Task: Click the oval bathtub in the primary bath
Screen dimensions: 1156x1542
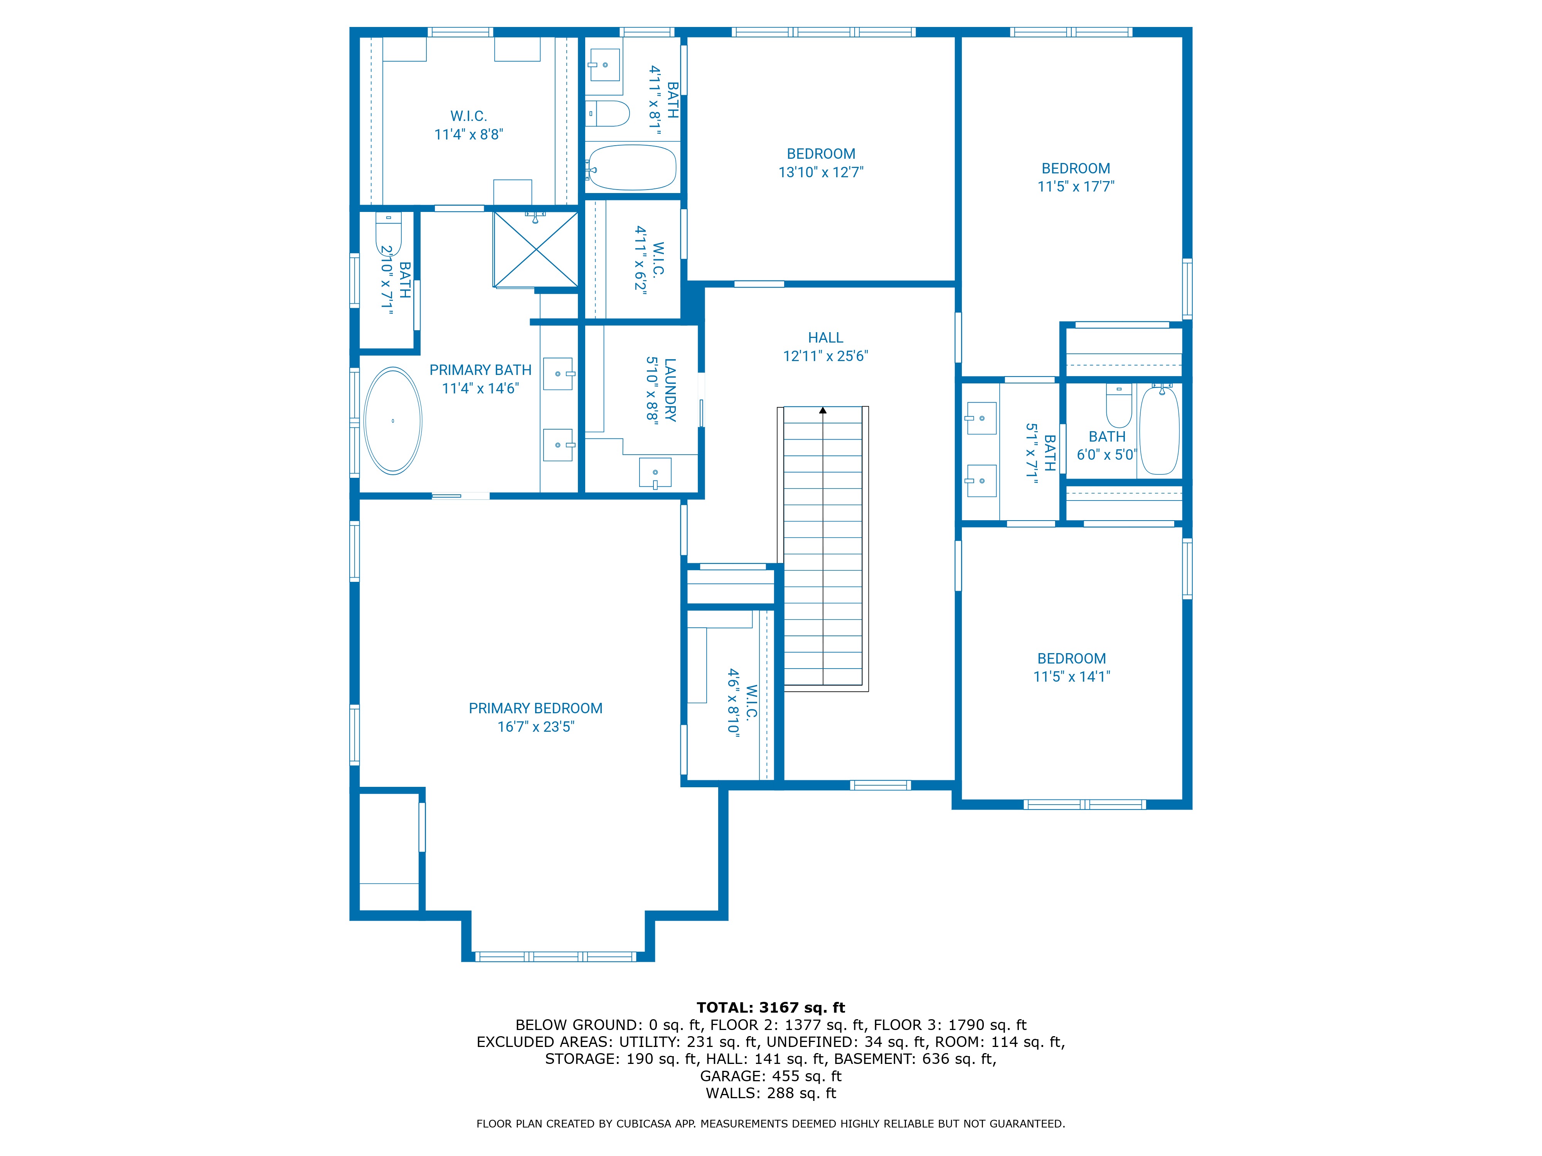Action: pos(393,421)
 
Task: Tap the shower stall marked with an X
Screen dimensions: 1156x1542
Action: pos(535,249)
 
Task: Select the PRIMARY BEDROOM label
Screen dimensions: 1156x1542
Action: pos(535,708)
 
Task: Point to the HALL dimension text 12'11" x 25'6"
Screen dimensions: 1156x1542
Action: pos(825,356)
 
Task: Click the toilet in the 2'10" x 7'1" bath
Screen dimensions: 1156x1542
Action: pos(388,234)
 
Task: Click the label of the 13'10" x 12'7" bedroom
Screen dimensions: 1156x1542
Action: pos(820,154)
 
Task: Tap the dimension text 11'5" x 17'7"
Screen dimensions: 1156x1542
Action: pos(1076,187)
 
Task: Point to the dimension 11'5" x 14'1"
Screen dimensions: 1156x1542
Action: pos(1071,677)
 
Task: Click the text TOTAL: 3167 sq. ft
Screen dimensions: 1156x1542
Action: pos(770,1008)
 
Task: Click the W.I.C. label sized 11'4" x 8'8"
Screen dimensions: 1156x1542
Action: pos(468,116)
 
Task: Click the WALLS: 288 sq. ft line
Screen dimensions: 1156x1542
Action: pos(770,1093)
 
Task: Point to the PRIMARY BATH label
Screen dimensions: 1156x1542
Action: pos(480,370)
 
